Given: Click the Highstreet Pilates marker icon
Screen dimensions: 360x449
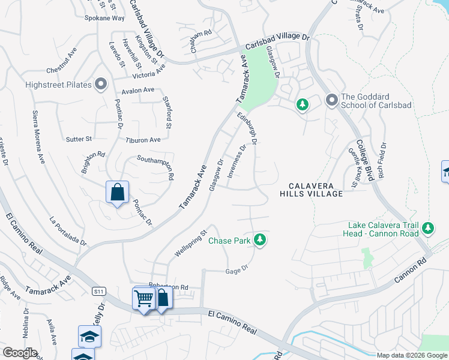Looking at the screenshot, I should tap(101, 85).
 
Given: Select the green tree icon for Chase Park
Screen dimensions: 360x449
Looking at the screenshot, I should tap(259, 240).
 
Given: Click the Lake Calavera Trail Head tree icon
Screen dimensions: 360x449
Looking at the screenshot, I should tap(427, 228).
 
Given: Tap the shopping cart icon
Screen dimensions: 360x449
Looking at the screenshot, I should tap(143, 298).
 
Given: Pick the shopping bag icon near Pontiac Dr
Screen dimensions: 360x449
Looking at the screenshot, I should tap(118, 193).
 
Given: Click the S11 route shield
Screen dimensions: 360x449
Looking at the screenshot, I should tap(99, 291).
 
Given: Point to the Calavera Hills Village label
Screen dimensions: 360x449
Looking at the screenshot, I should tap(311, 190).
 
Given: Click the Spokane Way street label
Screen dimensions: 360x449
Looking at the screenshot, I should tap(104, 18).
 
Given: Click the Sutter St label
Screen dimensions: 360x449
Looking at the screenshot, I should tap(79, 139).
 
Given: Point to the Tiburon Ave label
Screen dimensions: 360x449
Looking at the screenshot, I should tap(143, 140).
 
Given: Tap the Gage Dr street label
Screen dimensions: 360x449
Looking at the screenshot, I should tap(237, 270).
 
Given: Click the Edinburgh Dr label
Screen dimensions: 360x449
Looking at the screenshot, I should tap(247, 128).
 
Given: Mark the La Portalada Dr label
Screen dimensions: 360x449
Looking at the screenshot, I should tap(68, 230).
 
